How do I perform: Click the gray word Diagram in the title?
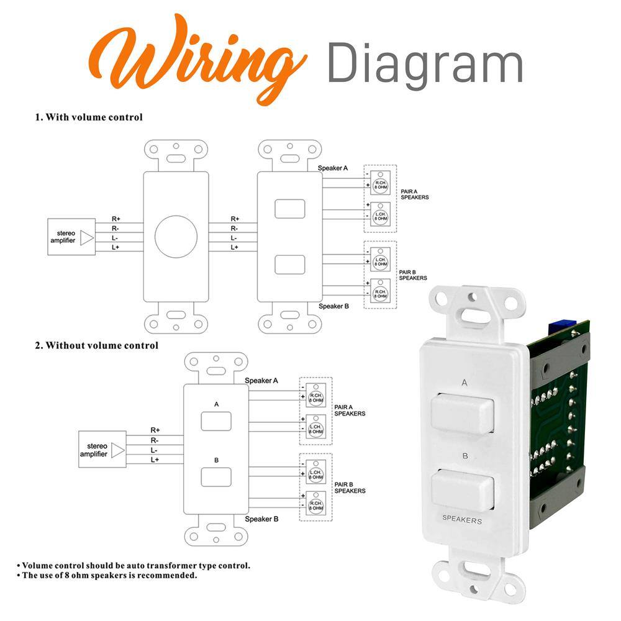pos(424,63)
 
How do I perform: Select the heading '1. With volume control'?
pos(89,117)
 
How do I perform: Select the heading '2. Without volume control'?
pos(96,345)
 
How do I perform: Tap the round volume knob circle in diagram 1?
pos(176,237)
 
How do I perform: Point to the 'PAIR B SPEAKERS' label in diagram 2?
pos(350,487)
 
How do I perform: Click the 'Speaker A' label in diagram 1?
pos(333,168)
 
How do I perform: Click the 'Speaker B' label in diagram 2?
pos(261,519)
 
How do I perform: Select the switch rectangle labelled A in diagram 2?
pos(216,421)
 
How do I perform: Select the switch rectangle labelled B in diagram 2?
pos(216,477)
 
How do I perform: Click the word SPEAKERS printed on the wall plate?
pos(461,520)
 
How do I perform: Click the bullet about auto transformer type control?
pos(134,565)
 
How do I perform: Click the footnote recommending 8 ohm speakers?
pos(107,575)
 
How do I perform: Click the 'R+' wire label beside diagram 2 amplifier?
pos(155,430)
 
